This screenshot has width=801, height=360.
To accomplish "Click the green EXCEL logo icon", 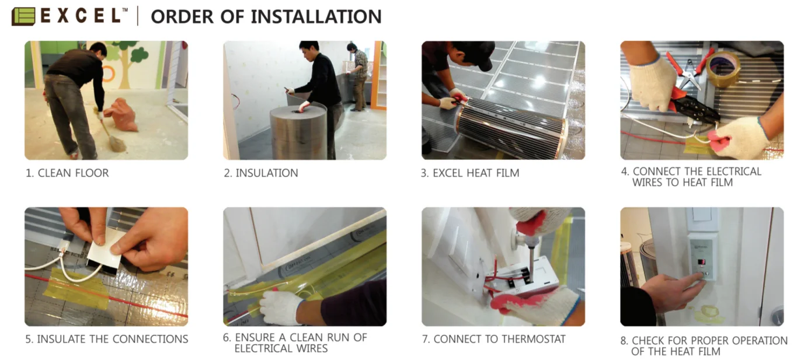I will (23, 16).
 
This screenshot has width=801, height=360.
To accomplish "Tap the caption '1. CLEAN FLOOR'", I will (67, 173).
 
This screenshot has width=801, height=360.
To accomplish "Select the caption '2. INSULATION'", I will (261, 173).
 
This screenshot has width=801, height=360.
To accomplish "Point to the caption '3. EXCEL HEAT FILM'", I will (470, 173).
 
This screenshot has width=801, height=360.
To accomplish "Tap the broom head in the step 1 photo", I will (116, 143).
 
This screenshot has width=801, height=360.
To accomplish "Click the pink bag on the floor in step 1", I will (123, 113).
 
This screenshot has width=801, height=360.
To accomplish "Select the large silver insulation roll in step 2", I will (298, 132).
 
